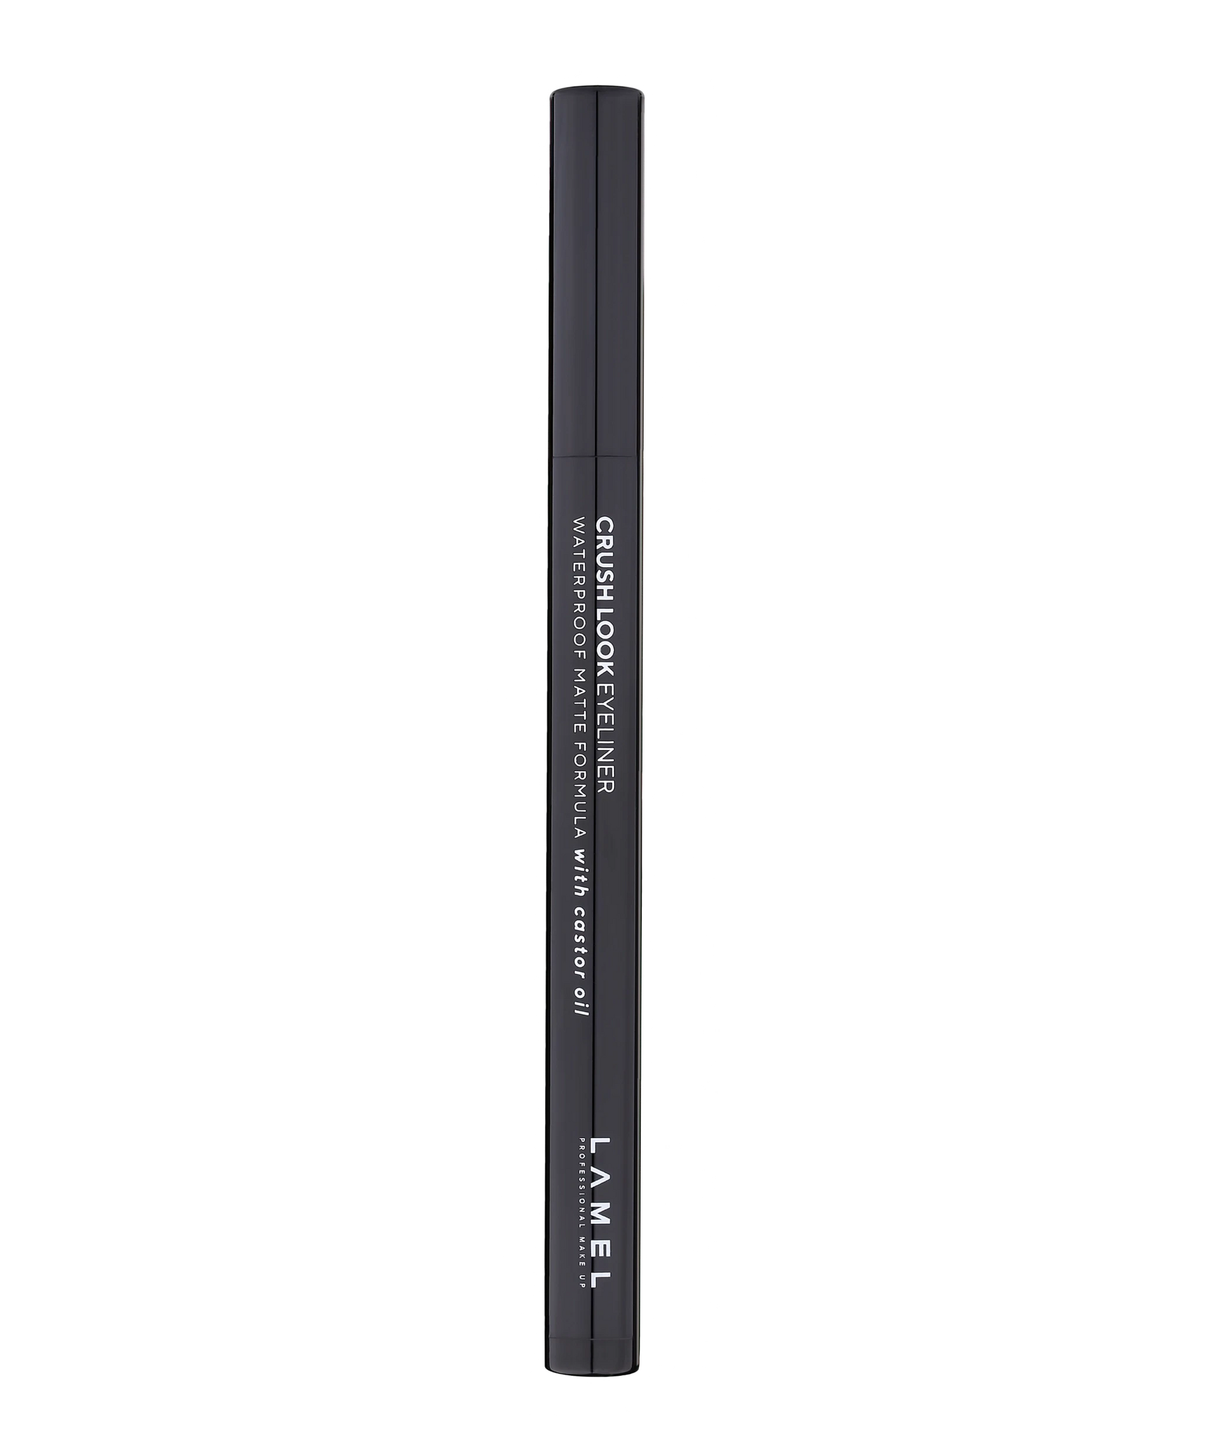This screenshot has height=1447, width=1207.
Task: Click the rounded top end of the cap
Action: tap(597, 92)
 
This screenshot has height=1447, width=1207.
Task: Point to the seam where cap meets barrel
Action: tap(597, 456)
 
